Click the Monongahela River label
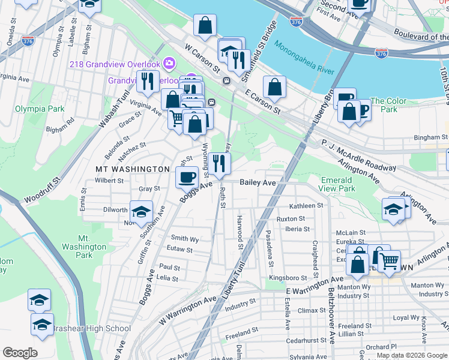(304, 57)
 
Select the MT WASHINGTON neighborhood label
(133, 169)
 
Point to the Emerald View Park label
(337, 184)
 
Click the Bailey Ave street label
(258, 182)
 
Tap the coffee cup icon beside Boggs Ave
(187, 177)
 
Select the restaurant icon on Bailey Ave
(219, 163)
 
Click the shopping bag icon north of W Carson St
(205, 25)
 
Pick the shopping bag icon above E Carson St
(274, 87)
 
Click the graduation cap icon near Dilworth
(141, 212)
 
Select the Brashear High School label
(91, 328)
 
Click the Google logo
(19, 353)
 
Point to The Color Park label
(385, 105)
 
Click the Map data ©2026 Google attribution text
(412, 355)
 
